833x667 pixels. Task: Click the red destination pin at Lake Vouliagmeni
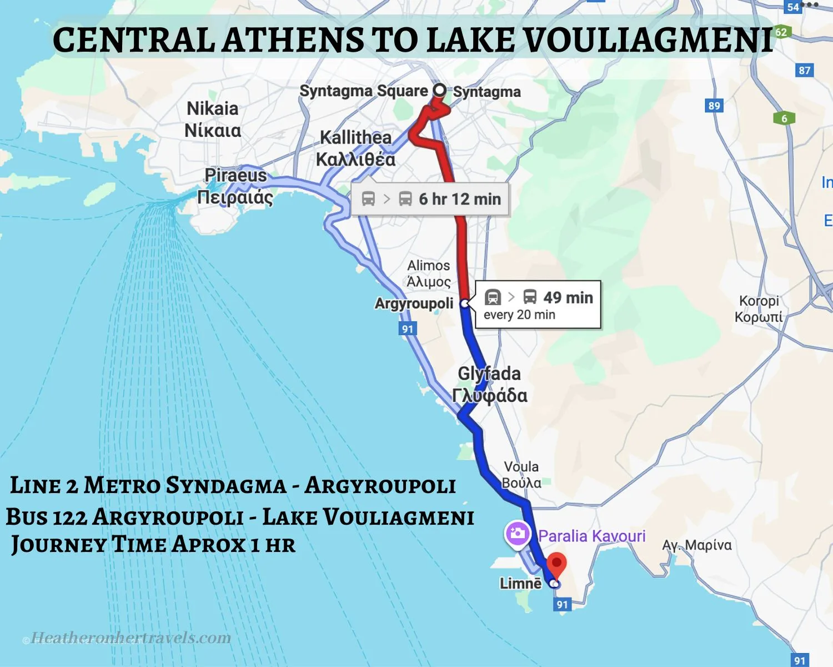(x=556, y=564)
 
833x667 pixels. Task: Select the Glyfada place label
(x=489, y=384)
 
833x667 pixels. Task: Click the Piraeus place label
(x=235, y=186)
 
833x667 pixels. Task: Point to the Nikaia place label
(x=213, y=119)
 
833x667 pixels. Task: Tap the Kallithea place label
(x=356, y=148)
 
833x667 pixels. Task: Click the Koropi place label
(x=759, y=308)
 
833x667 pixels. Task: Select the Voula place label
(x=521, y=474)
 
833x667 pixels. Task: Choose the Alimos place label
(x=428, y=273)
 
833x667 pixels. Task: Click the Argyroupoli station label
(x=414, y=303)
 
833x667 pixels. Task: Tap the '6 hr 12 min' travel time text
(x=459, y=199)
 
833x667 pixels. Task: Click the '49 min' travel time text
(x=568, y=297)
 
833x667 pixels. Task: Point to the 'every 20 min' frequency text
(x=519, y=315)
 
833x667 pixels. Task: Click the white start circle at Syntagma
(x=439, y=89)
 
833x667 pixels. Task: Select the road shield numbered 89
(x=714, y=106)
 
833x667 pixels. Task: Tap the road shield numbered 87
(x=805, y=71)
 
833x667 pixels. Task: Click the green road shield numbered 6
(x=784, y=118)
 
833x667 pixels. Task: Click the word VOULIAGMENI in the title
(x=648, y=40)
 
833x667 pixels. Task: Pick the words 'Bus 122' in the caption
(x=47, y=517)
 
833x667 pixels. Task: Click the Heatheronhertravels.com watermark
(x=131, y=638)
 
